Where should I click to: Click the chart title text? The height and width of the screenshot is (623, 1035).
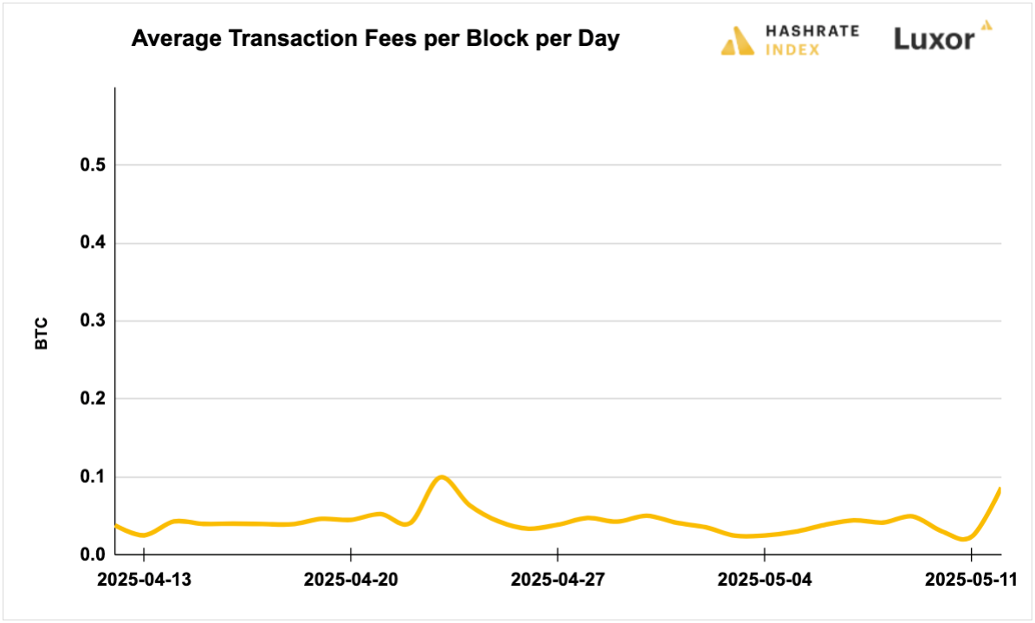375,40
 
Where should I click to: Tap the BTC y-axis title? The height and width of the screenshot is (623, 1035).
42,334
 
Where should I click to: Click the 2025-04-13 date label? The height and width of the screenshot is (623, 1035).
144,579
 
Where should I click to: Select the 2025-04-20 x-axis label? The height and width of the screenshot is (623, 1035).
351,579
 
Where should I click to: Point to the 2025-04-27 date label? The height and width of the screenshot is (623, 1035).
558,579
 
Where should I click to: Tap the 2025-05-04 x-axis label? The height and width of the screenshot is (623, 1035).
765,579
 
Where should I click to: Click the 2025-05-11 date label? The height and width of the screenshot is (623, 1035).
969,579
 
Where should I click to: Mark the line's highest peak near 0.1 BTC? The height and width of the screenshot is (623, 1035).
442,477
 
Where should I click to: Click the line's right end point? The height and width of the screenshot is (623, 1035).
1000,489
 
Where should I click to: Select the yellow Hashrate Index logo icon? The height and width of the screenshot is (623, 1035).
738,41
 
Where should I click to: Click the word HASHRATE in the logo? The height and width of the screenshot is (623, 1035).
812,31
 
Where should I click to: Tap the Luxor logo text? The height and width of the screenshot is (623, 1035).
934,39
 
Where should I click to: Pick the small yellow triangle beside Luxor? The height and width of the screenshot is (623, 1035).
985,25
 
